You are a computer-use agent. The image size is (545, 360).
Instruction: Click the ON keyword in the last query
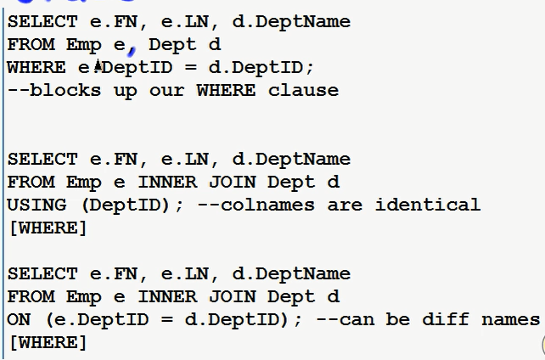[x=18, y=319]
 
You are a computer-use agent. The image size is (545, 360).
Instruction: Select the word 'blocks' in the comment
[x=65, y=90]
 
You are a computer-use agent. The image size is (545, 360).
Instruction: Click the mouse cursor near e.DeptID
[x=98, y=66]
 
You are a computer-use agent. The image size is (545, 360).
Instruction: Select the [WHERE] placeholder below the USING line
[x=48, y=228]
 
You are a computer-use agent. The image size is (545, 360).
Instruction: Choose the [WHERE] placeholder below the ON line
[x=48, y=342]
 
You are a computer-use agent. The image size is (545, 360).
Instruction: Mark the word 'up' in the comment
[x=124, y=90]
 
